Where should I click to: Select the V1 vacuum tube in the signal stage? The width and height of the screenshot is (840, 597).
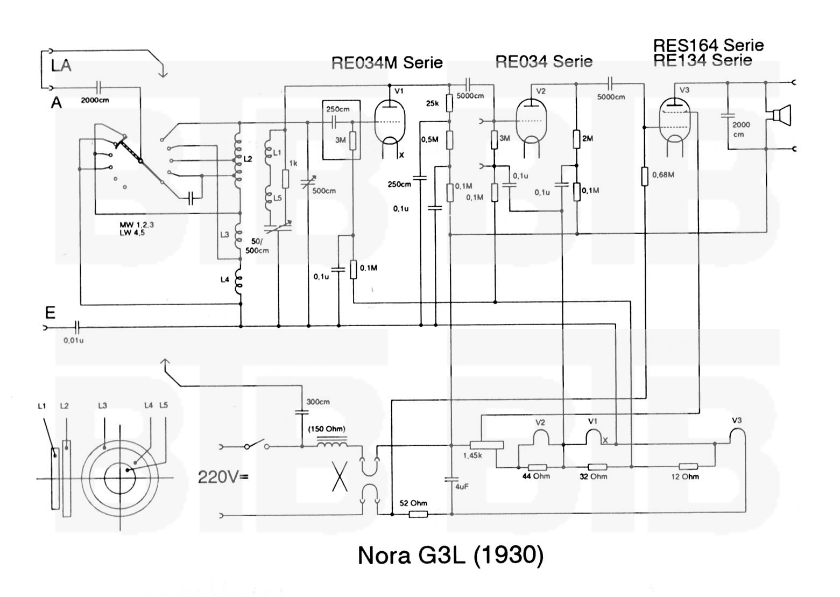[390, 122]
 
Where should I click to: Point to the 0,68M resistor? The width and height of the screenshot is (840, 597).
[645, 176]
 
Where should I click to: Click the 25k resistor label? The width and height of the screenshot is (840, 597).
[432, 103]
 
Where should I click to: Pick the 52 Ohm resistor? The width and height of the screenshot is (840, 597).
[418, 514]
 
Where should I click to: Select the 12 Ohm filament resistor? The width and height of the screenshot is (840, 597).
[688, 467]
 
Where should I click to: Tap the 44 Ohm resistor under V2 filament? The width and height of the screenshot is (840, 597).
[537, 467]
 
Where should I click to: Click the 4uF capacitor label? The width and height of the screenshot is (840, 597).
[462, 487]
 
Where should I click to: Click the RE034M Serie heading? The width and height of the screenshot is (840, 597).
[387, 63]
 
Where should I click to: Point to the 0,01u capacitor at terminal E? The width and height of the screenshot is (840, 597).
[77, 326]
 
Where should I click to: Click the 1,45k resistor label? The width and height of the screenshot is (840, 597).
[472, 456]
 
